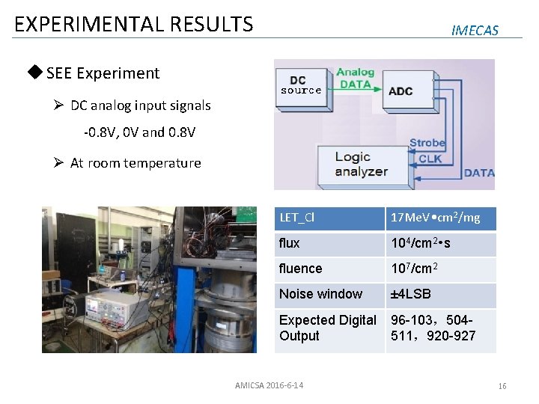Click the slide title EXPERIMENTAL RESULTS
point(134,24)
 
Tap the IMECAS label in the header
point(475,30)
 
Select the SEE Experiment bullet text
point(103,73)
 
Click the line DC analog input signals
point(140,105)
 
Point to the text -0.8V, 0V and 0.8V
point(139,132)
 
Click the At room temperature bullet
point(135,163)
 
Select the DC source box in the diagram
point(301,85)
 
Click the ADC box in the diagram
point(400,91)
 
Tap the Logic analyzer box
point(361,164)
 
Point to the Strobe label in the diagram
point(427,143)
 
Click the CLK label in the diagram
point(430,158)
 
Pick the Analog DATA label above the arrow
point(355,79)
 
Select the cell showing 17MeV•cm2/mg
point(440,218)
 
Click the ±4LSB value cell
point(440,294)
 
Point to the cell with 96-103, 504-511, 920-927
point(440,328)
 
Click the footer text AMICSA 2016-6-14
point(269,385)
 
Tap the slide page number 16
point(502,386)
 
